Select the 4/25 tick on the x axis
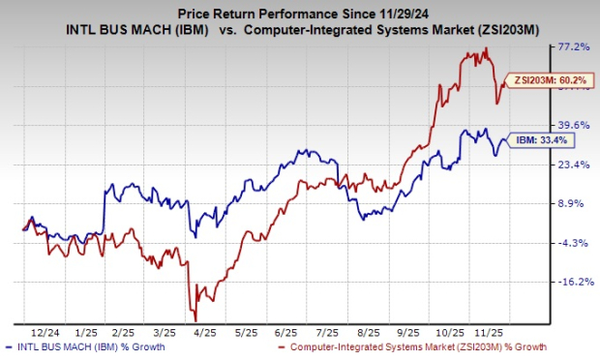click(201, 330)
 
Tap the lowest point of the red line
click(196, 320)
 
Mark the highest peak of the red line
click(485, 48)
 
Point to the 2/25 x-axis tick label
click(118, 330)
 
